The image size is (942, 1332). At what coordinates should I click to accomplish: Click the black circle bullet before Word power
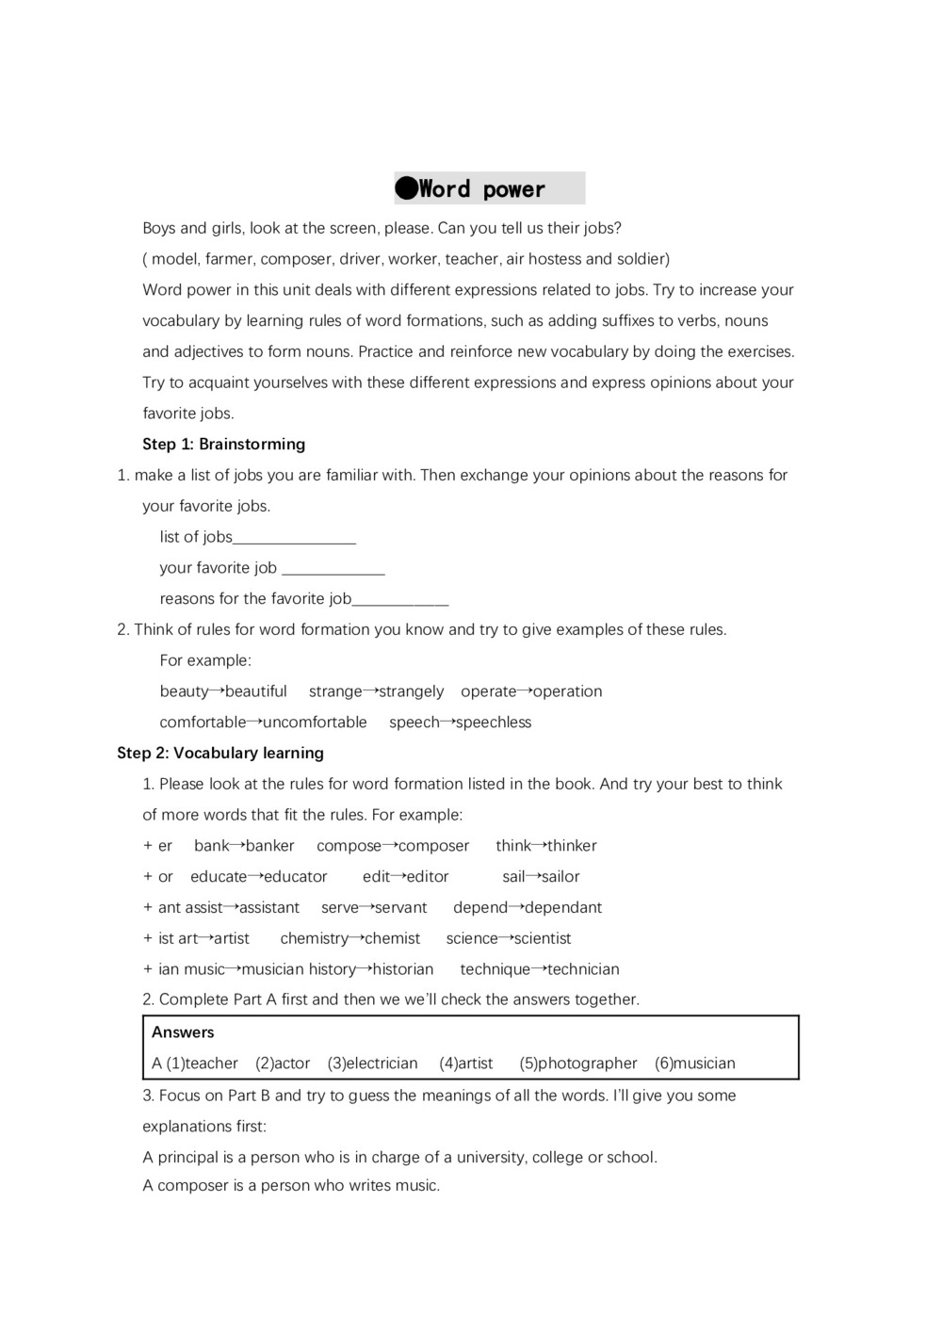point(406,188)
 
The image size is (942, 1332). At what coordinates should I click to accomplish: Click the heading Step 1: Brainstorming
point(223,444)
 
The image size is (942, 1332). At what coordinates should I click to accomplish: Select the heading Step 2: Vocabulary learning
point(219,753)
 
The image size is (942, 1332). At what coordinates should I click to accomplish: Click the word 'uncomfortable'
point(315,723)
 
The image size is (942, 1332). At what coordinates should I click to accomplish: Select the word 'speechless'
point(494,723)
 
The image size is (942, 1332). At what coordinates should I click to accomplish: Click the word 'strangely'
point(411,691)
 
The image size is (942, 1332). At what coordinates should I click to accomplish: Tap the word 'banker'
point(269,846)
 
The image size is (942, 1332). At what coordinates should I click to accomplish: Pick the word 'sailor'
point(560,877)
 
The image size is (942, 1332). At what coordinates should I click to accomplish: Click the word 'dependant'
point(563,908)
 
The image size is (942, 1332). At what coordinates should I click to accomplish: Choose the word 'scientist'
point(543,938)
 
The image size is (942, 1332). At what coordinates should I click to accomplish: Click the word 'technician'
point(583,969)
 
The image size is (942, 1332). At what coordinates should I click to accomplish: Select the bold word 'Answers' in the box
point(183,1032)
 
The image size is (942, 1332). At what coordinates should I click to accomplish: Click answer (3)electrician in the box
point(372,1064)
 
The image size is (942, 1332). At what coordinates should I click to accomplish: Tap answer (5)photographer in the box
point(577,1064)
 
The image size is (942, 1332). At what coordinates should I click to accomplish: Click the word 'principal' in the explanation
point(188,1157)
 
